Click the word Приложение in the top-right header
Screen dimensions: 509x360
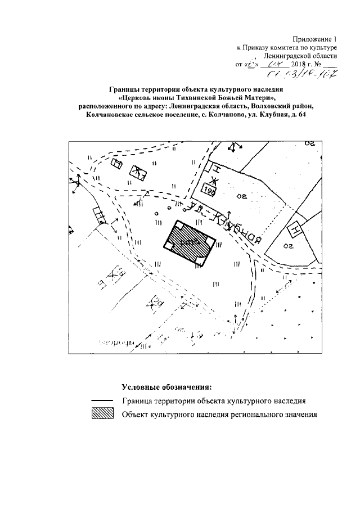(312, 39)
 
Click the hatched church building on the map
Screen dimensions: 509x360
(191, 241)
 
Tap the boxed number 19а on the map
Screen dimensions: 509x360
(211, 190)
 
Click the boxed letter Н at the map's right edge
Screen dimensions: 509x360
(294, 229)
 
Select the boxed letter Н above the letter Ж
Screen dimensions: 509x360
(214, 168)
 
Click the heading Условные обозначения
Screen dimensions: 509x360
(166, 388)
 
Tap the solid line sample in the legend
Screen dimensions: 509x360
(102, 401)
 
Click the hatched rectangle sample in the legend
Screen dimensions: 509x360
(102, 415)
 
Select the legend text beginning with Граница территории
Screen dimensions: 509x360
(213, 401)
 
